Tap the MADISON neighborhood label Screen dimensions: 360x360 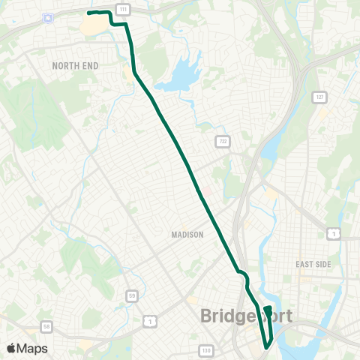point(187,235)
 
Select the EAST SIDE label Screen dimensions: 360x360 point(313,264)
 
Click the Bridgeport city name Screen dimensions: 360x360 point(246,316)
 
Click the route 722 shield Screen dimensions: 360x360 point(222,142)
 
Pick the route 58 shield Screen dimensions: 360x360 point(46,327)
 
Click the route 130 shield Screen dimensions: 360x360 point(206,350)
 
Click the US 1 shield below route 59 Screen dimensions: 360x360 point(151,321)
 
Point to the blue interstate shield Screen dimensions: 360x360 point(49,17)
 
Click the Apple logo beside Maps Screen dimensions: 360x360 point(11,348)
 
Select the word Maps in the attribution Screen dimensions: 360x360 point(33,348)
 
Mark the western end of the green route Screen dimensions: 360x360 point(88,13)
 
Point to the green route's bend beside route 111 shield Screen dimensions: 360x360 point(125,24)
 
